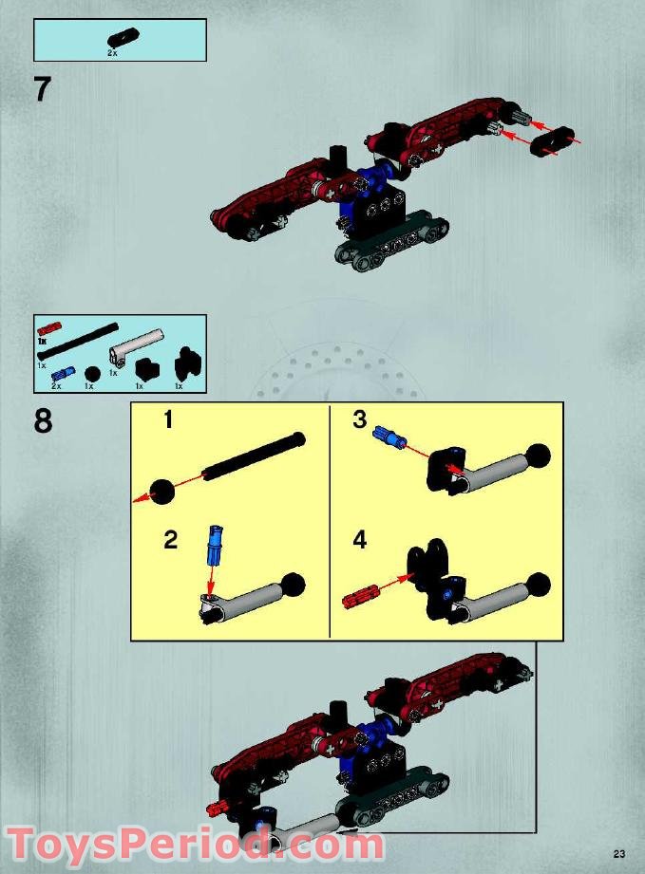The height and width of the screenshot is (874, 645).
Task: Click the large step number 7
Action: (42, 88)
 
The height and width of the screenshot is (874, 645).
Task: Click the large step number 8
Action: (44, 420)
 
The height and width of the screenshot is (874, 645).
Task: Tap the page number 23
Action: (618, 851)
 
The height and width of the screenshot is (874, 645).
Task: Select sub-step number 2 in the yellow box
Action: (170, 541)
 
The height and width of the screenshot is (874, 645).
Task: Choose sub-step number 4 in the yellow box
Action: (359, 541)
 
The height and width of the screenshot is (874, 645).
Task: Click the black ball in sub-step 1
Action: (162, 492)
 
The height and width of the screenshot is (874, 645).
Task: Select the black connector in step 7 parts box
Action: (121, 39)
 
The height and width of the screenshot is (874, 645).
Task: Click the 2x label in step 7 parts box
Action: (113, 54)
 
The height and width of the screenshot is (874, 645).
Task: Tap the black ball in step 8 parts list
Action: (92, 373)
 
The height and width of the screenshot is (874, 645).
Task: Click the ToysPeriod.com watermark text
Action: (195, 844)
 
